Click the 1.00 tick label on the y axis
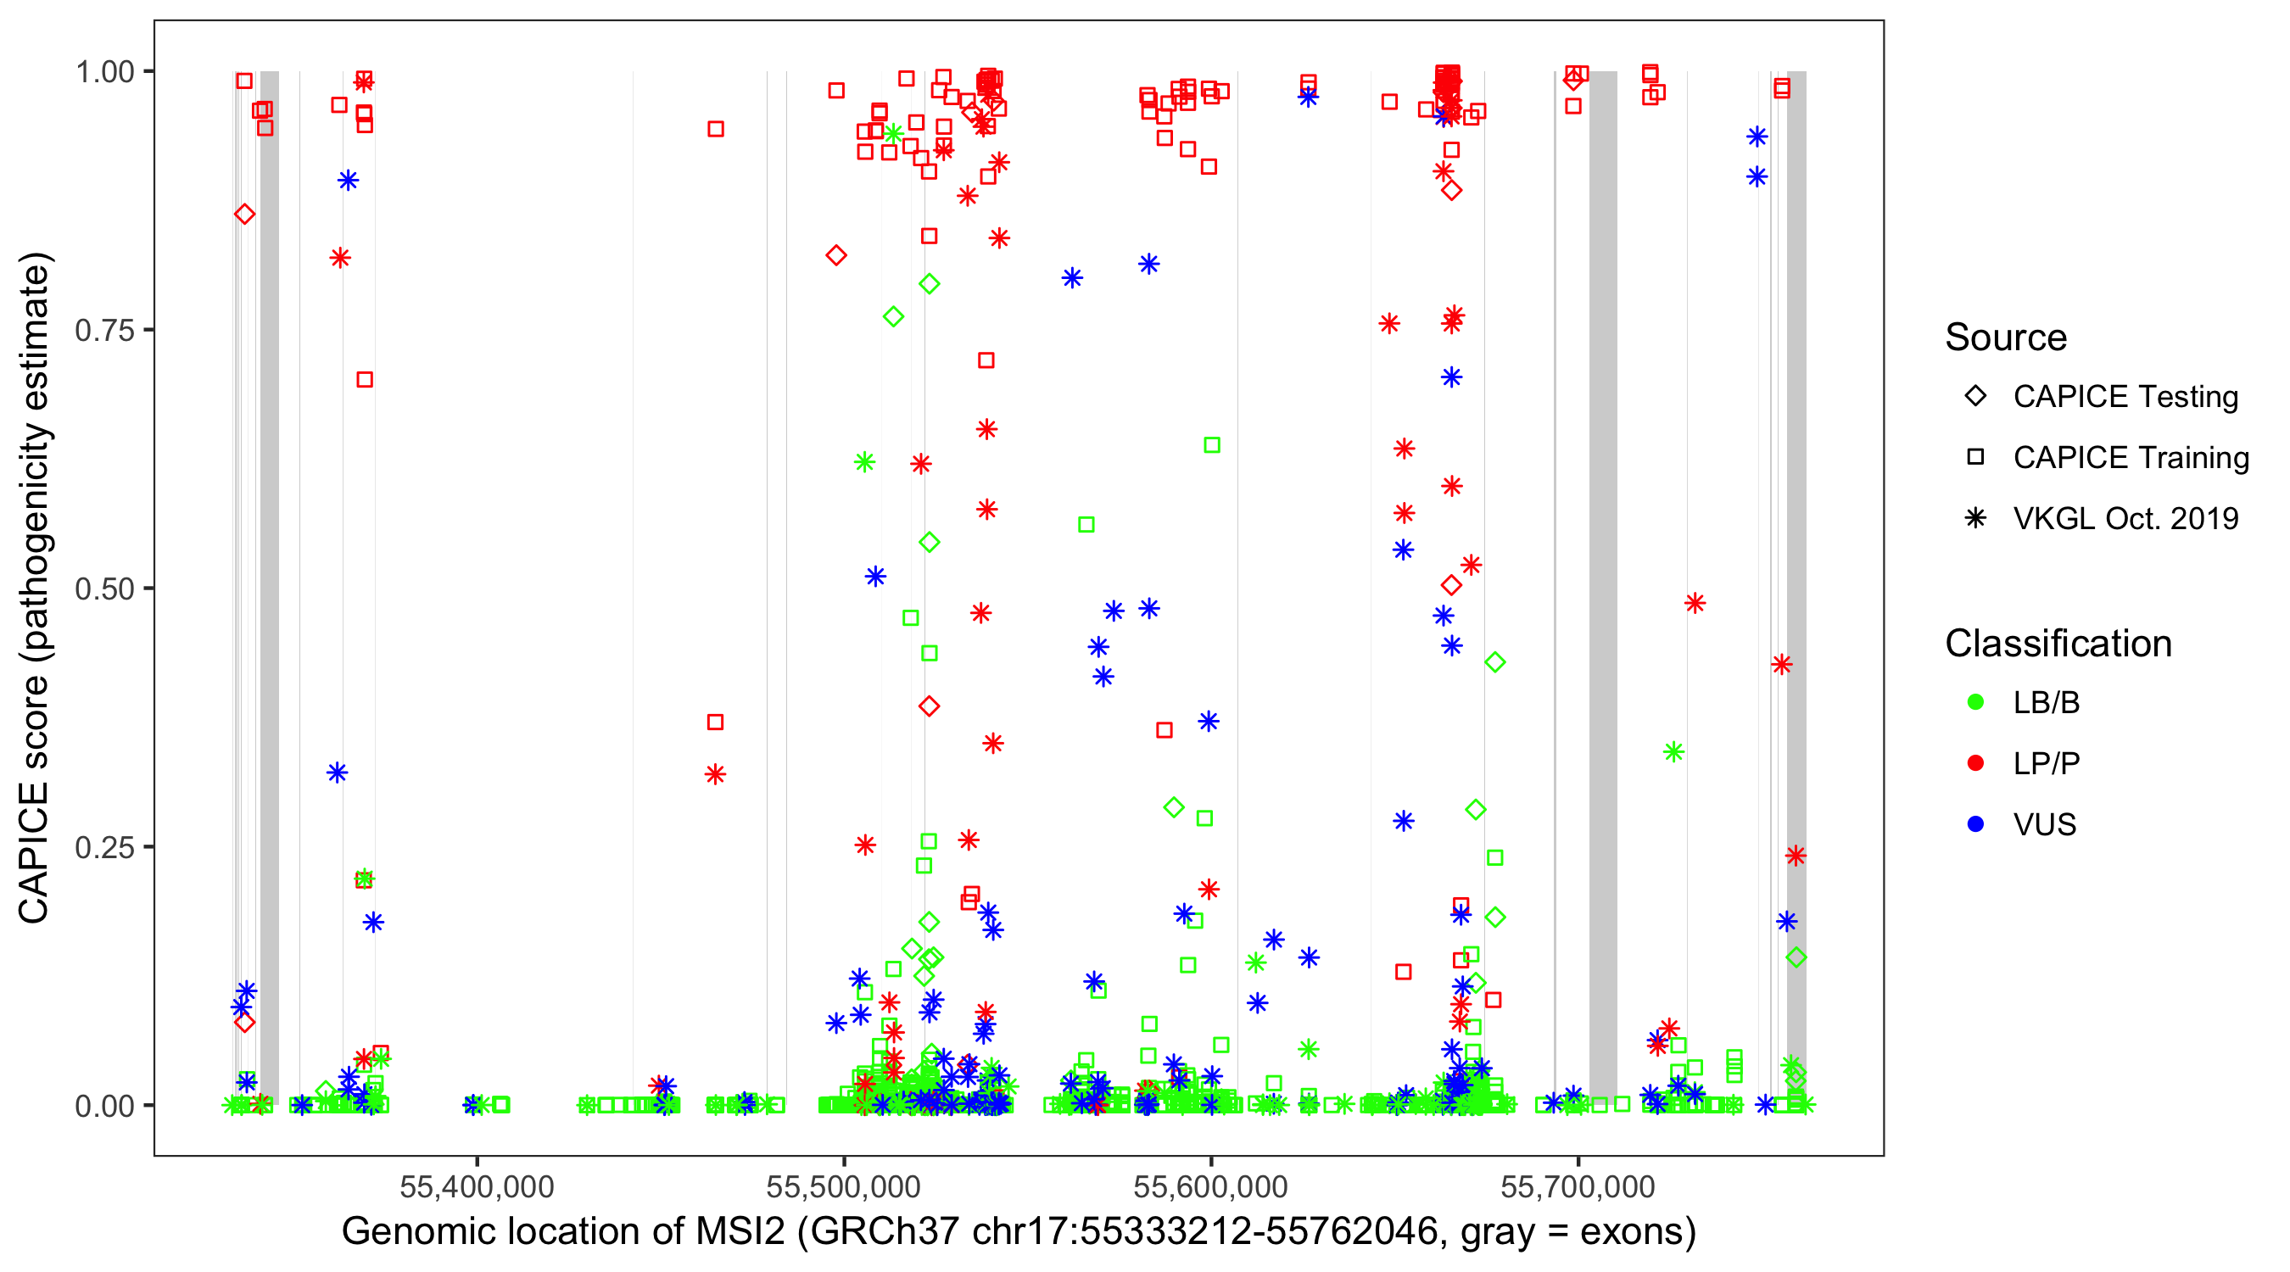[104, 71]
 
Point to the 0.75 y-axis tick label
[104, 330]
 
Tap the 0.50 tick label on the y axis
[104, 589]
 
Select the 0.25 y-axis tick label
[104, 847]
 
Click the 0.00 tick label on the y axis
[104, 1106]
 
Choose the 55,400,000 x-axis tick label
[477, 1186]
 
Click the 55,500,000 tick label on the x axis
[844, 1186]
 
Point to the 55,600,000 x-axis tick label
[1210, 1186]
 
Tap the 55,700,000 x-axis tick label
[1578, 1186]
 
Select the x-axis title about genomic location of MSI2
[1019, 1232]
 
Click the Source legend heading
[2006, 338]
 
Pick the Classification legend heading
[2058, 644]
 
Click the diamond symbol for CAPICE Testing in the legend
[1975, 397]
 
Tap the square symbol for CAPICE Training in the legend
[1975, 457]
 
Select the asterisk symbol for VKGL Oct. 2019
[1975, 518]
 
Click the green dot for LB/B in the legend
[1975, 702]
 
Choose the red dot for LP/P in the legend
[1975, 763]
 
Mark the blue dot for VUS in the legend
[1975, 824]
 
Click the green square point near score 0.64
[1212, 444]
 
